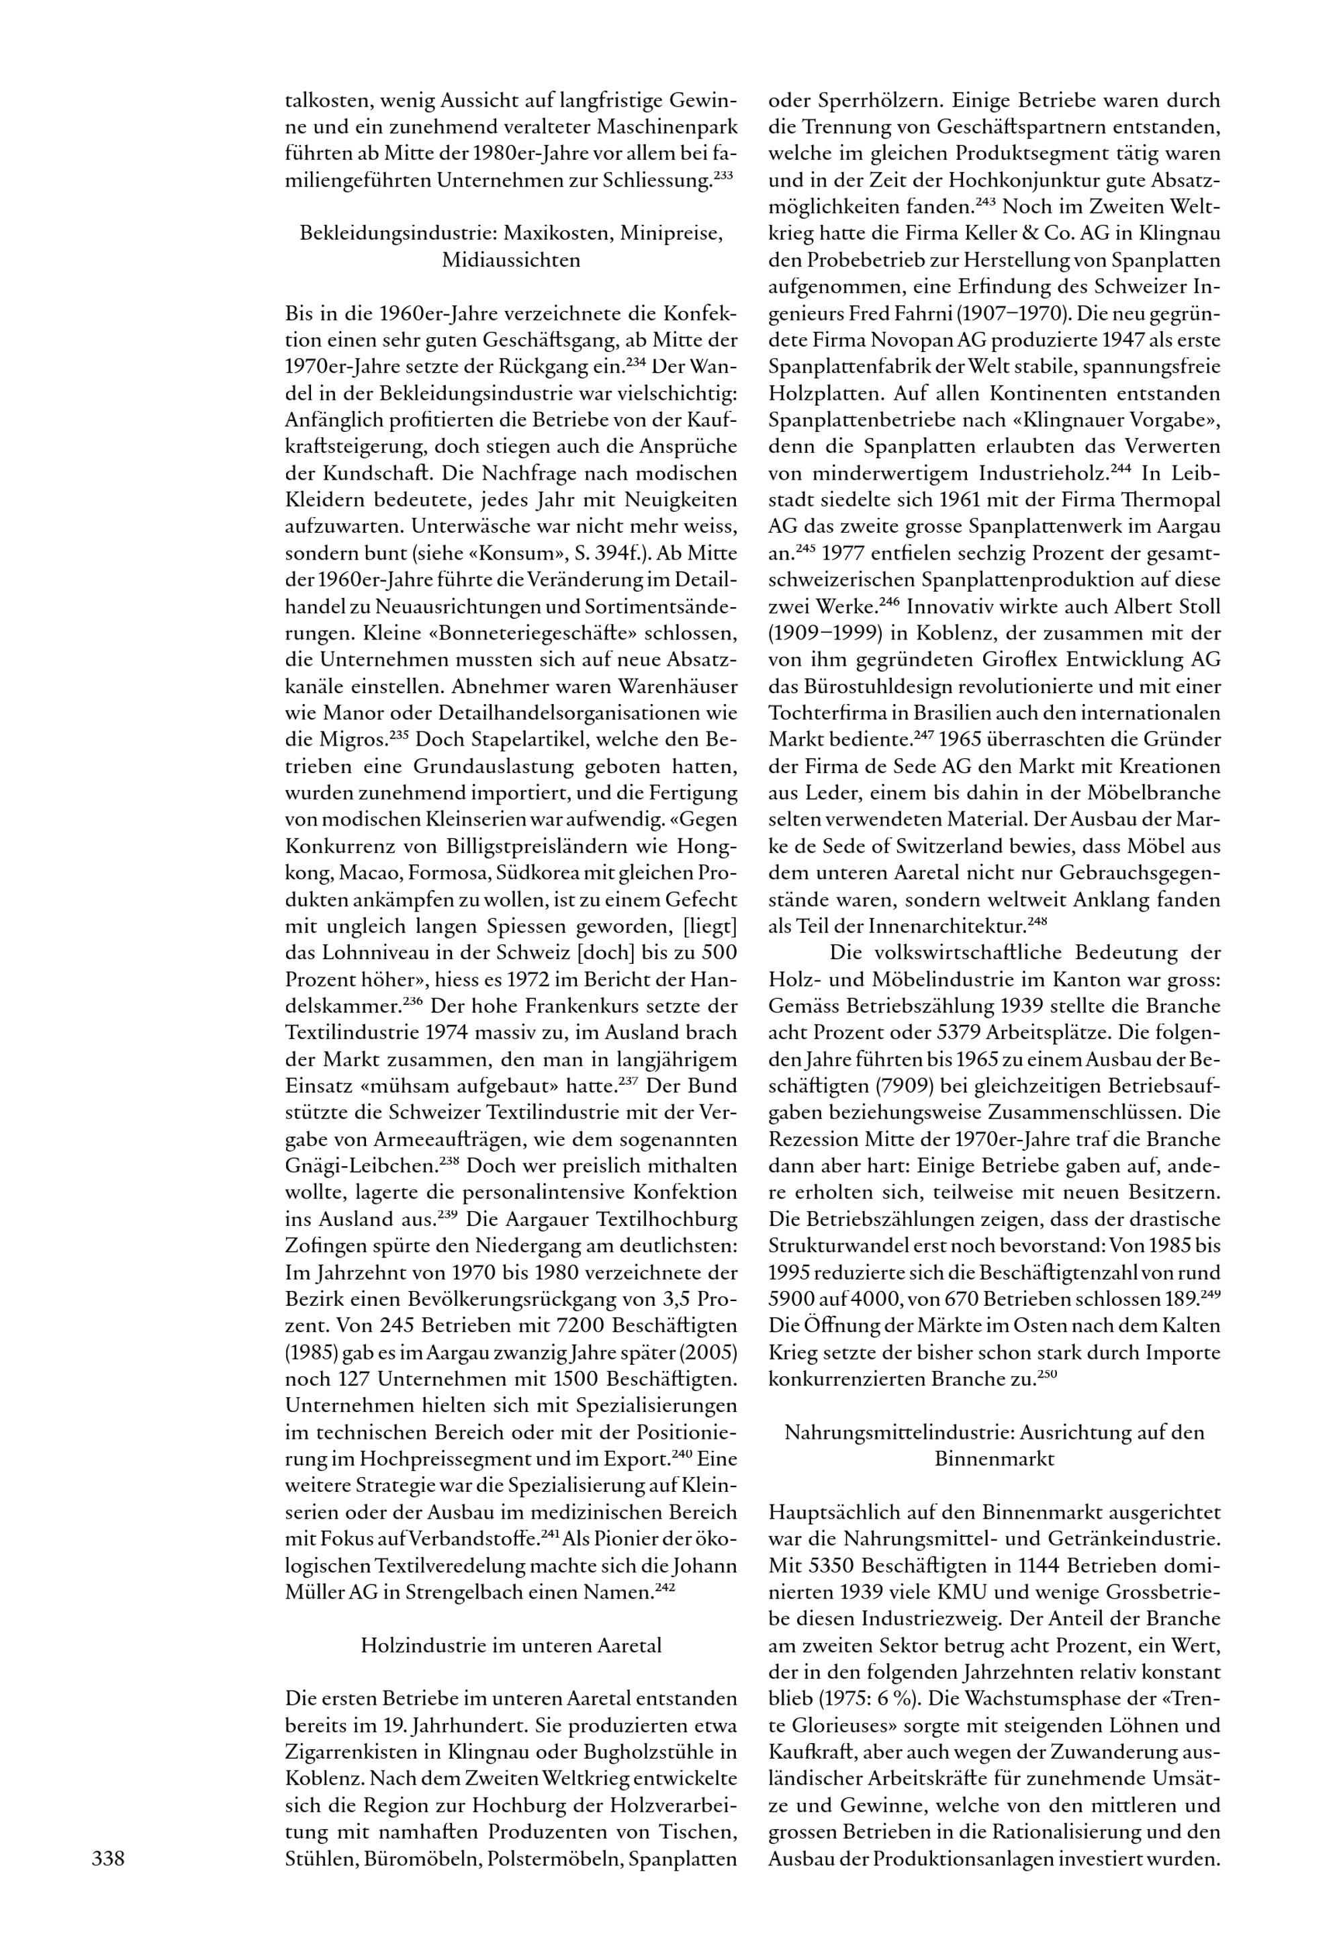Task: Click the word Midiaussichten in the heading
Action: point(511,260)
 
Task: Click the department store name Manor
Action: point(353,713)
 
